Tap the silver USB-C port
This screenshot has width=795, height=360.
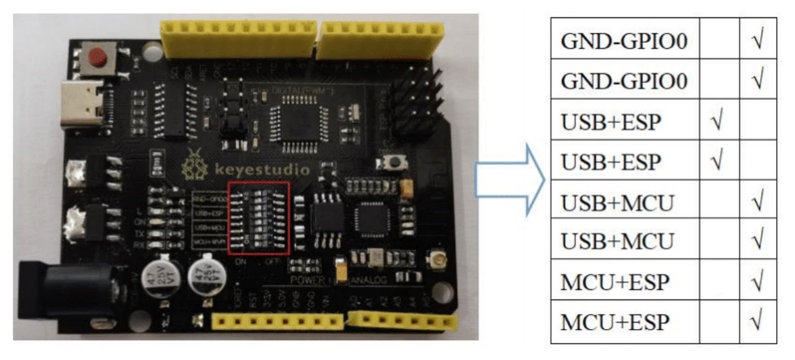coord(83,104)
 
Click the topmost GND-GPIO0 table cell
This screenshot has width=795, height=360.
coord(624,43)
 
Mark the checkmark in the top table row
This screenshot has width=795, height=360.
coord(757,43)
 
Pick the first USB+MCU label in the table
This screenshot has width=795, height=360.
coord(617,203)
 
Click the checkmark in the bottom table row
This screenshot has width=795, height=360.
coord(757,322)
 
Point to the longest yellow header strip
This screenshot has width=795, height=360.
coord(238,38)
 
